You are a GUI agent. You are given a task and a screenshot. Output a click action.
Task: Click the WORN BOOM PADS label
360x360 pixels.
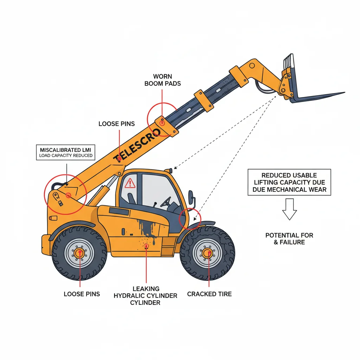click(x=162, y=80)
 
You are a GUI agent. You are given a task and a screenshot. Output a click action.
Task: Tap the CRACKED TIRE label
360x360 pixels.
click(x=209, y=294)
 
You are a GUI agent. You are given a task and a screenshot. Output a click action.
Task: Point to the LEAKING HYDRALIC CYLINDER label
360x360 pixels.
click(x=146, y=296)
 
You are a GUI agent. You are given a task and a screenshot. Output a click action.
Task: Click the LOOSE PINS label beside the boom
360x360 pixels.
click(x=116, y=124)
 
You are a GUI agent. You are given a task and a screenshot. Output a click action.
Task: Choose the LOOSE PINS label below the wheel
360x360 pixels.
click(x=82, y=294)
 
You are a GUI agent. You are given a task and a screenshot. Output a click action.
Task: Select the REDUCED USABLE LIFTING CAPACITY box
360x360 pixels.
click(x=289, y=182)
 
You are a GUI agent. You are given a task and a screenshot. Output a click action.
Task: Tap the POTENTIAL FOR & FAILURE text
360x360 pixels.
click(x=289, y=239)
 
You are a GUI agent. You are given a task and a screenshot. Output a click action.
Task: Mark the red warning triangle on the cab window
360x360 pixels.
click(x=130, y=183)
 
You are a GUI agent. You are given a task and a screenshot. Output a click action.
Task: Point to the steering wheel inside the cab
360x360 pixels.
click(x=166, y=202)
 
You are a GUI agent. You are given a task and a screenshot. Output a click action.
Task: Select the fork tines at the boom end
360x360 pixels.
click(x=316, y=96)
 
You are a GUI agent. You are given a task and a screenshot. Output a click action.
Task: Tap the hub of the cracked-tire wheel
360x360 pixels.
click(x=207, y=253)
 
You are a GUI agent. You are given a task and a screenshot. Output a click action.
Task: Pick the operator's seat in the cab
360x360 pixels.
click(x=131, y=199)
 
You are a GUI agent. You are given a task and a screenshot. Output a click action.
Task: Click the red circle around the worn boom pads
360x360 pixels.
click(x=162, y=118)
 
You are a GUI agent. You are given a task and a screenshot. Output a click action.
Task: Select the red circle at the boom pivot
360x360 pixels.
click(x=65, y=194)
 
